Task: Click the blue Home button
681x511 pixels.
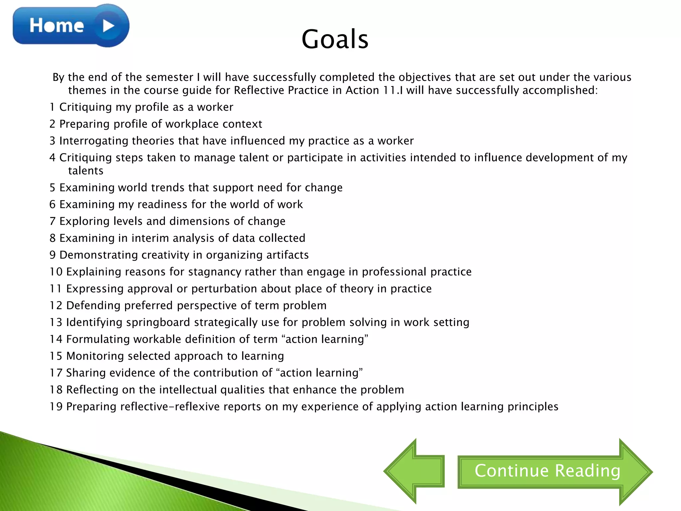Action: pyautogui.click(x=57, y=26)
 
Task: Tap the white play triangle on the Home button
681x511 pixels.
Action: pyautogui.click(x=108, y=26)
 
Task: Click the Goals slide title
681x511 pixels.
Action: pyautogui.click(x=335, y=39)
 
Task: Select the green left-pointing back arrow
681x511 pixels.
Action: pyautogui.click(x=414, y=471)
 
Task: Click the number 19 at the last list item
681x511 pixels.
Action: pyautogui.click(x=56, y=407)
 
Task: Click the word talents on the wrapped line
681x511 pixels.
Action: pyautogui.click(x=86, y=171)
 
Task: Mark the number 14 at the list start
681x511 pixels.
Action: pyautogui.click(x=56, y=339)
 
